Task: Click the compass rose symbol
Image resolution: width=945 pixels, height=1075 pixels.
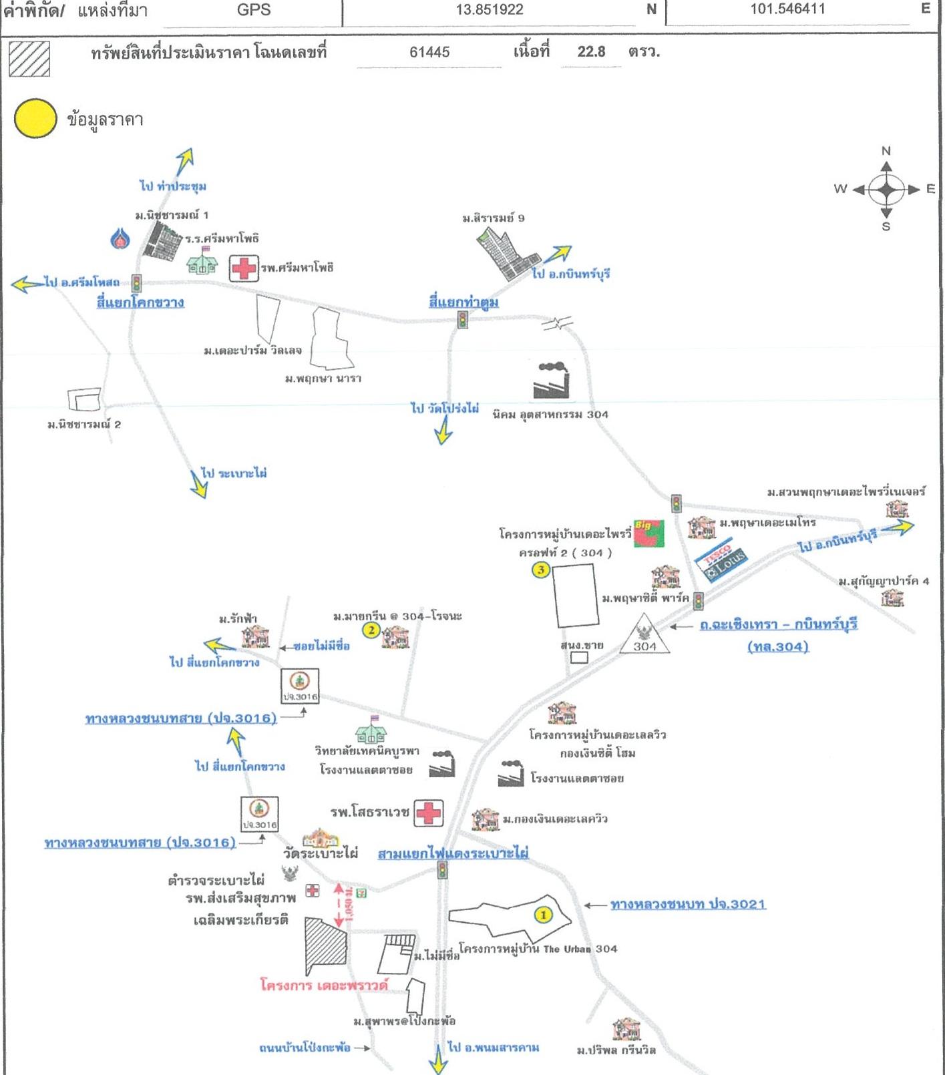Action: [x=886, y=190]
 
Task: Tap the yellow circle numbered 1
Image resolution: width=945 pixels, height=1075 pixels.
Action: [x=544, y=914]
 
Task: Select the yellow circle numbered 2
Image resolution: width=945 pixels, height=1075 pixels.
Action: [x=371, y=630]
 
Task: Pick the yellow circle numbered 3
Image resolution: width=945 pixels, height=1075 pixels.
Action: [x=540, y=570]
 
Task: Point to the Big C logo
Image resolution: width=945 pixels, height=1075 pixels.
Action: [x=648, y=533]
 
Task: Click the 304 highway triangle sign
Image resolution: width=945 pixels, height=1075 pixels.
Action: [x=644, y=636]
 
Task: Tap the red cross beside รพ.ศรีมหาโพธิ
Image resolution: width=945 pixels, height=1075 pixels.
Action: [x=244, y=268]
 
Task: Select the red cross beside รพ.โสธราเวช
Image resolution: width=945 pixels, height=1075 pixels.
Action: [x=429, y=813]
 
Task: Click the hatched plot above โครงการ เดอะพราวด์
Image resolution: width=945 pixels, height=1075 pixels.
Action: [x=327, y=947]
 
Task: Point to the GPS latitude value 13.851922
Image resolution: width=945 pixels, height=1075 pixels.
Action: [x=490, y=10]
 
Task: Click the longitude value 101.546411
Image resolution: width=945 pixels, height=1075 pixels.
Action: [x=787, y=9]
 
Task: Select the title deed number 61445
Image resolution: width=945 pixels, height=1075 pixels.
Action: [x=429, y=52]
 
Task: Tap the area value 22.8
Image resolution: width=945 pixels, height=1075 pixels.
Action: [x=591, y=52]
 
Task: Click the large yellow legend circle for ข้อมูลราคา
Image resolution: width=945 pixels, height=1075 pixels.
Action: [x=35, y=119]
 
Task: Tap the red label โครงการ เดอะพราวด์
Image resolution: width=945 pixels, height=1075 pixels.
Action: [x=324, y=986]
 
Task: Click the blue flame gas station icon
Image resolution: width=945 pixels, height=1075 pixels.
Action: [x=120, y=238]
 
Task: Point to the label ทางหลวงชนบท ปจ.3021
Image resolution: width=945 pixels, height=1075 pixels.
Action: [x=688, y=904]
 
